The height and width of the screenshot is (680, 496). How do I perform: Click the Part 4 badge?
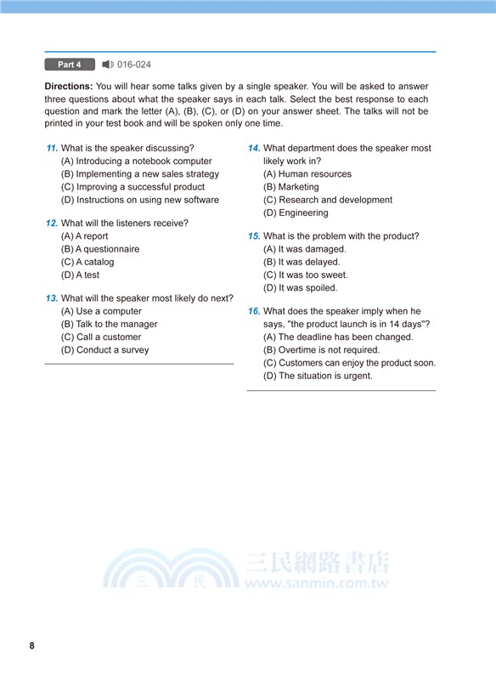[x=70, y=65]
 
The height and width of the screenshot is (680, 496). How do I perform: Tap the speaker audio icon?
[x=107, y=65]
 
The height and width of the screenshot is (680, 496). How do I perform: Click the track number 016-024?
[x=134, y=65]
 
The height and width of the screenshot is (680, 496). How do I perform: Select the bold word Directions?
[x=68, y=87]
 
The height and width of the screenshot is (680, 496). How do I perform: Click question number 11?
[x=52, y=149]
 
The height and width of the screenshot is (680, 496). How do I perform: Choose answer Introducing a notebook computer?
[x=136, y=161]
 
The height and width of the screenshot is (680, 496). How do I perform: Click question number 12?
[x=52, y=224]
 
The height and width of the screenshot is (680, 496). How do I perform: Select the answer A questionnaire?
[x=100, y=249]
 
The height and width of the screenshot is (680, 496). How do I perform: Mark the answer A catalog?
[x=87, y=262]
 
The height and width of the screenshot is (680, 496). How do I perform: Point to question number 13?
[x=52, y=298]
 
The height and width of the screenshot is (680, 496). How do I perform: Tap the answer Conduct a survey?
[x=104, y=349]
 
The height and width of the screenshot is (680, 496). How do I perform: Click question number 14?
[x=254, y=149]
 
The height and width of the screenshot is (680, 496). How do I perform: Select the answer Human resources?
[x=307, y=174]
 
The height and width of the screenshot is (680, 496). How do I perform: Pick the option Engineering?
[x=296, y=212]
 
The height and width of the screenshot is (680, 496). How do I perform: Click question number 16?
[x=254, y=312]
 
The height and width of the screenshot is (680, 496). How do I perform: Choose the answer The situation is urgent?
[x=318, y=375]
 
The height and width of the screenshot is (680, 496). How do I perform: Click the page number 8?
[x=32, y=646]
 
